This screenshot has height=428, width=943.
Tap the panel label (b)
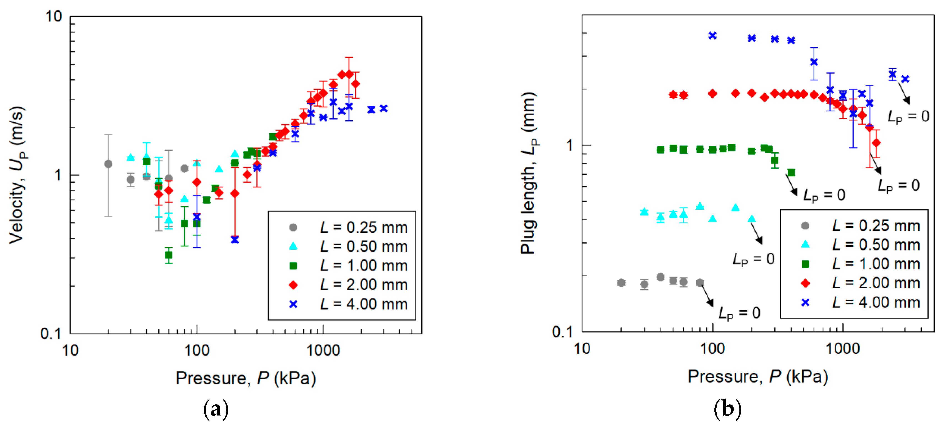point(727,409)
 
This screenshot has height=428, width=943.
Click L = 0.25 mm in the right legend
point(875,226)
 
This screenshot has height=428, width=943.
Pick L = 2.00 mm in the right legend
point(875,283)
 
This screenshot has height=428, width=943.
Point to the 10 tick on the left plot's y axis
point(53,16)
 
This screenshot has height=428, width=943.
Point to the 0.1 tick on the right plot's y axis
point(562,332)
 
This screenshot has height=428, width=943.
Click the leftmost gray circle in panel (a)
point(108,164)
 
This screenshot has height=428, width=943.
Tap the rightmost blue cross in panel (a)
point(384,108)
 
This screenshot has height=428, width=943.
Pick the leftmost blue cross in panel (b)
point(712,36)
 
